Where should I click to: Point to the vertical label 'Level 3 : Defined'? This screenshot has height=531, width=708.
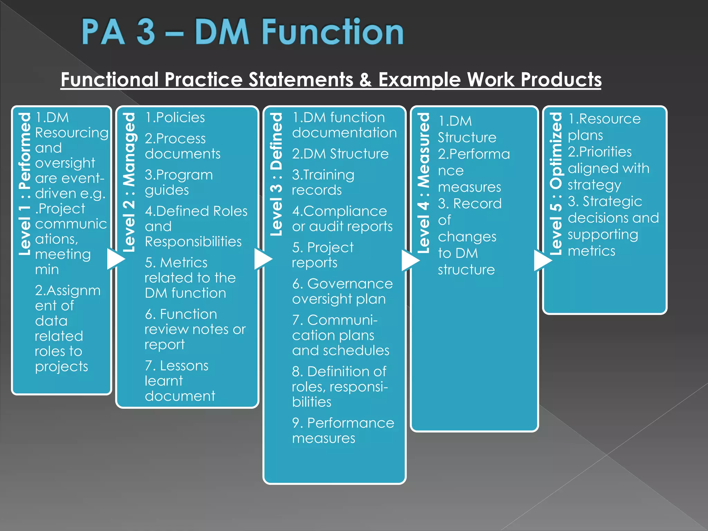[276, 175]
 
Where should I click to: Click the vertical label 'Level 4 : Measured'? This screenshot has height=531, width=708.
[423, 183]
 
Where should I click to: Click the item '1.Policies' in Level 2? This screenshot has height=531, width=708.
[175, 118]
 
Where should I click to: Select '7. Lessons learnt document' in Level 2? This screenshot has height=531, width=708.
[179, 381]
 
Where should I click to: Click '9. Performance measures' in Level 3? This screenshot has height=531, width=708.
[342, 430]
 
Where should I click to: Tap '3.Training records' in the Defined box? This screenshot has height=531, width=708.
[323, 182]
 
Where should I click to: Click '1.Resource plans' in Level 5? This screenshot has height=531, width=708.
[604, 127]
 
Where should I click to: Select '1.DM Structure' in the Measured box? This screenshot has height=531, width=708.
[466, 129]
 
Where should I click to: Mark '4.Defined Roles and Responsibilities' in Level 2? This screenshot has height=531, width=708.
[196, 226]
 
